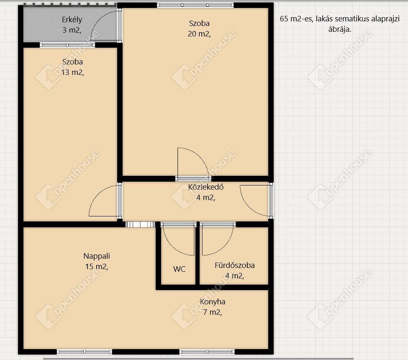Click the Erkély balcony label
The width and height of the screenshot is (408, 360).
click(72, 25)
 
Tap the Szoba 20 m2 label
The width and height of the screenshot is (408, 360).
click(199, 28)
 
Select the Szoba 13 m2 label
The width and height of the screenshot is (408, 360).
click(72, 67)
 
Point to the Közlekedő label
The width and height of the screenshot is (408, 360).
click(206, 192)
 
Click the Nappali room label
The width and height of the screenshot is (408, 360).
click(97, 261)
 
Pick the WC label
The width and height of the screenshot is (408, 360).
click(179, 269)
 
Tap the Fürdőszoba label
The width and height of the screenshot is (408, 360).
click(234, 270)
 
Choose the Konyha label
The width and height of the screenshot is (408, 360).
click(212, 307)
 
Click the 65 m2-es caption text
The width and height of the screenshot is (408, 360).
click(339, 24)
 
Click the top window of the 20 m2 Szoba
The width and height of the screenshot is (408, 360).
click(195, 5)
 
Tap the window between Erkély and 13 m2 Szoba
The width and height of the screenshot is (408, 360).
click(67, 45)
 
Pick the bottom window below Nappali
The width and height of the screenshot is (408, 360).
click(84, 352)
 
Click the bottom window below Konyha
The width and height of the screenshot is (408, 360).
click(207, 352)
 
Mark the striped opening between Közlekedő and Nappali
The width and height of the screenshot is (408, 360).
click(140, 224)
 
